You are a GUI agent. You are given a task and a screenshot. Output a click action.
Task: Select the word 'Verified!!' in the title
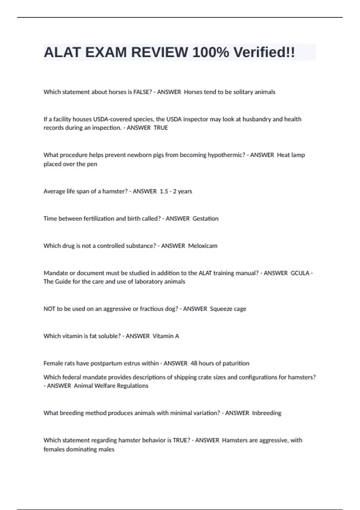coord(264,52)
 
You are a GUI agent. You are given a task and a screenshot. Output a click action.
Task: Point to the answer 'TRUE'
coord(161,128)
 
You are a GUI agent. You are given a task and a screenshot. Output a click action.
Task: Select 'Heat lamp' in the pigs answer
coord(291,155)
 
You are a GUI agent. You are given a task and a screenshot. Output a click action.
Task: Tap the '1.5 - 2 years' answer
coord(176,191)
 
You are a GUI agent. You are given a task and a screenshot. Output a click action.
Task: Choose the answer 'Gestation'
coord(205,219)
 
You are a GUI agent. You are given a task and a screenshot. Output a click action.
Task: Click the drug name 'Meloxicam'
coord(203,246)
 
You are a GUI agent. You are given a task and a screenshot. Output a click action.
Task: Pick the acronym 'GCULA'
coord(300,273)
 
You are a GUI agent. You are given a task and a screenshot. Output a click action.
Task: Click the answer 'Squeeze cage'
coord(228,309)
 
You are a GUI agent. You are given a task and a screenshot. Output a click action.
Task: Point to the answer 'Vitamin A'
coord(166,336)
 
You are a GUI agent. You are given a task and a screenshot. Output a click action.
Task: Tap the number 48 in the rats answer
coord(194,363)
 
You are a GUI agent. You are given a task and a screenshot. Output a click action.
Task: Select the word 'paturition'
coord(235,363)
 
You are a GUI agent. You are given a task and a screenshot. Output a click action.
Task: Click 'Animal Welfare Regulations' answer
coord(111,386)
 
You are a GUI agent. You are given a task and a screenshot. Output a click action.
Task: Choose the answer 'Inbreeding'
coord(267,413)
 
